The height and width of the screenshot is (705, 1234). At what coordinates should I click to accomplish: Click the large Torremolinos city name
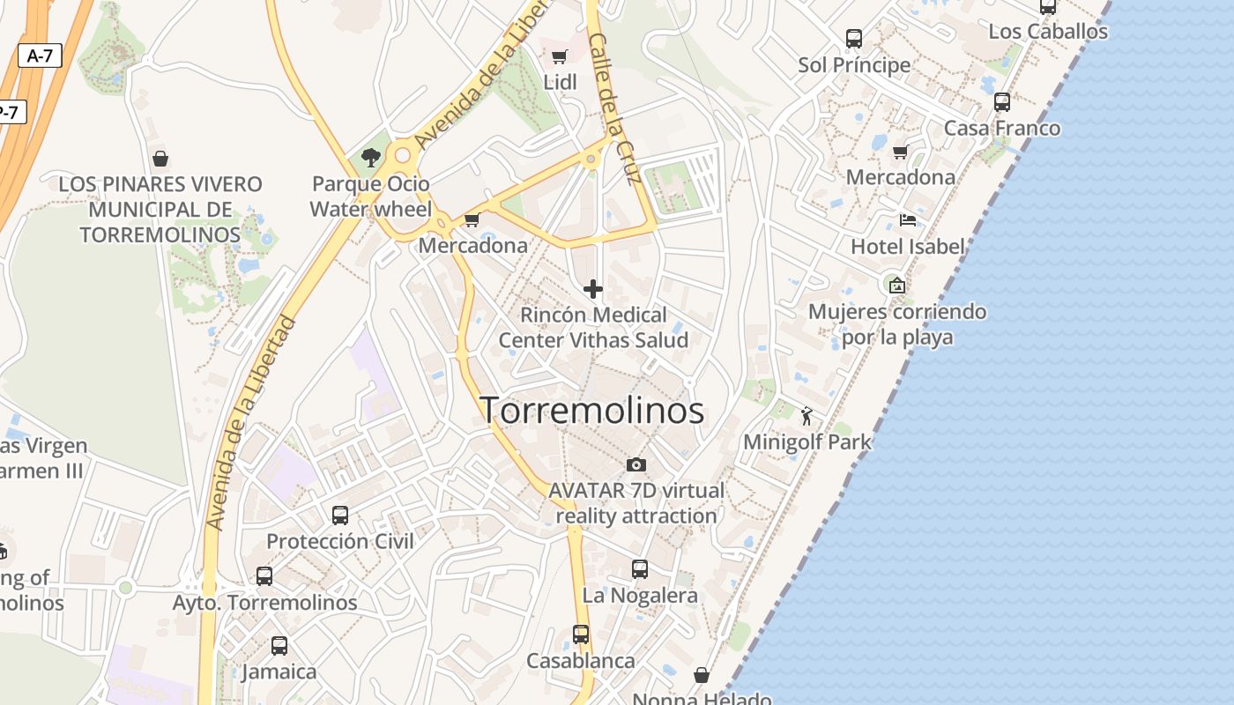(591, 411)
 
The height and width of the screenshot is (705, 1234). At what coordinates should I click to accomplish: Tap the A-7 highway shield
(40, 56)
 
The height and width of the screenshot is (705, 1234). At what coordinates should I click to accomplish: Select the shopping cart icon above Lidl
(559, 57)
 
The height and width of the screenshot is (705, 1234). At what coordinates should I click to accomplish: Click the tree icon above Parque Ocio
(371, 158)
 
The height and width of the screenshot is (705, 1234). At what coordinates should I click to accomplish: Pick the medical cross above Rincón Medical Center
(593, 289)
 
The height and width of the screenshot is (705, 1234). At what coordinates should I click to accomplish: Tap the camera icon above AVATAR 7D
(636, 464)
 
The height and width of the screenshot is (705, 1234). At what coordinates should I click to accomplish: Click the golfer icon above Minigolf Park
(807, 416)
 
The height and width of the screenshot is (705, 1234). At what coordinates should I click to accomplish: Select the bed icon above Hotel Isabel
(908, 220)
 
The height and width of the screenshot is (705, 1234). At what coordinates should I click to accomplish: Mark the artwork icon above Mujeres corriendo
(897, 286)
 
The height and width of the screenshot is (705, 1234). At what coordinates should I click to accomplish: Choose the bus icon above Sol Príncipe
(854, 39)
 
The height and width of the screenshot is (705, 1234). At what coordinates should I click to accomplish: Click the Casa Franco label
(1002, 129)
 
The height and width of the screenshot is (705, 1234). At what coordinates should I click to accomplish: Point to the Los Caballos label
(1048, 32)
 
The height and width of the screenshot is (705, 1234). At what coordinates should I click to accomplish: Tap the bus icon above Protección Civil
(340, 516)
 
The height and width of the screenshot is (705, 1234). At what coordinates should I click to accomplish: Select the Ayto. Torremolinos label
(264, 603)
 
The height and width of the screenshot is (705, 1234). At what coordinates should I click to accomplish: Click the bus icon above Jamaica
(279, 646)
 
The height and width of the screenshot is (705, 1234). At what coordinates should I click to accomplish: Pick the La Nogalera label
(640, 596)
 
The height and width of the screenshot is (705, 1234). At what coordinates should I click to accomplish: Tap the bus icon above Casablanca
(581, 634)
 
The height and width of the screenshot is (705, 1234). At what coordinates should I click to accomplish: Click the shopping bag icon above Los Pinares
(160, 159)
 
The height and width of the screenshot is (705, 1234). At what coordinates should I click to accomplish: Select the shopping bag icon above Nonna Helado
(702, 675)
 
